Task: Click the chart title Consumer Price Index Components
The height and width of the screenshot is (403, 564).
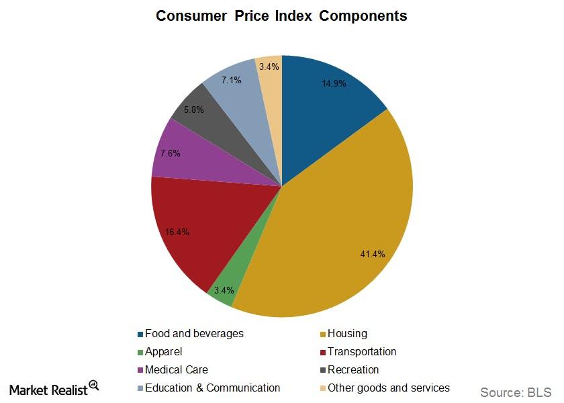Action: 281,15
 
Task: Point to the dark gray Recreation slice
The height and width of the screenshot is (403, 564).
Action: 201,114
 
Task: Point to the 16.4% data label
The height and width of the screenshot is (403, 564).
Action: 177,232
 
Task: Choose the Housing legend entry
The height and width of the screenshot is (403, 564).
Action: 346,333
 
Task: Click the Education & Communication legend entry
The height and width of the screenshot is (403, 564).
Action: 212,388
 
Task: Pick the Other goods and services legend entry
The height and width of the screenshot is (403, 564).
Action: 388,388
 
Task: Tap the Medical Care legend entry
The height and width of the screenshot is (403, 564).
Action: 176,369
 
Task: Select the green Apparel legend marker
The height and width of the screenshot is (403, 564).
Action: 140,352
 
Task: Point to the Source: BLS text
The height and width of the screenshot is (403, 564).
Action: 515,392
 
